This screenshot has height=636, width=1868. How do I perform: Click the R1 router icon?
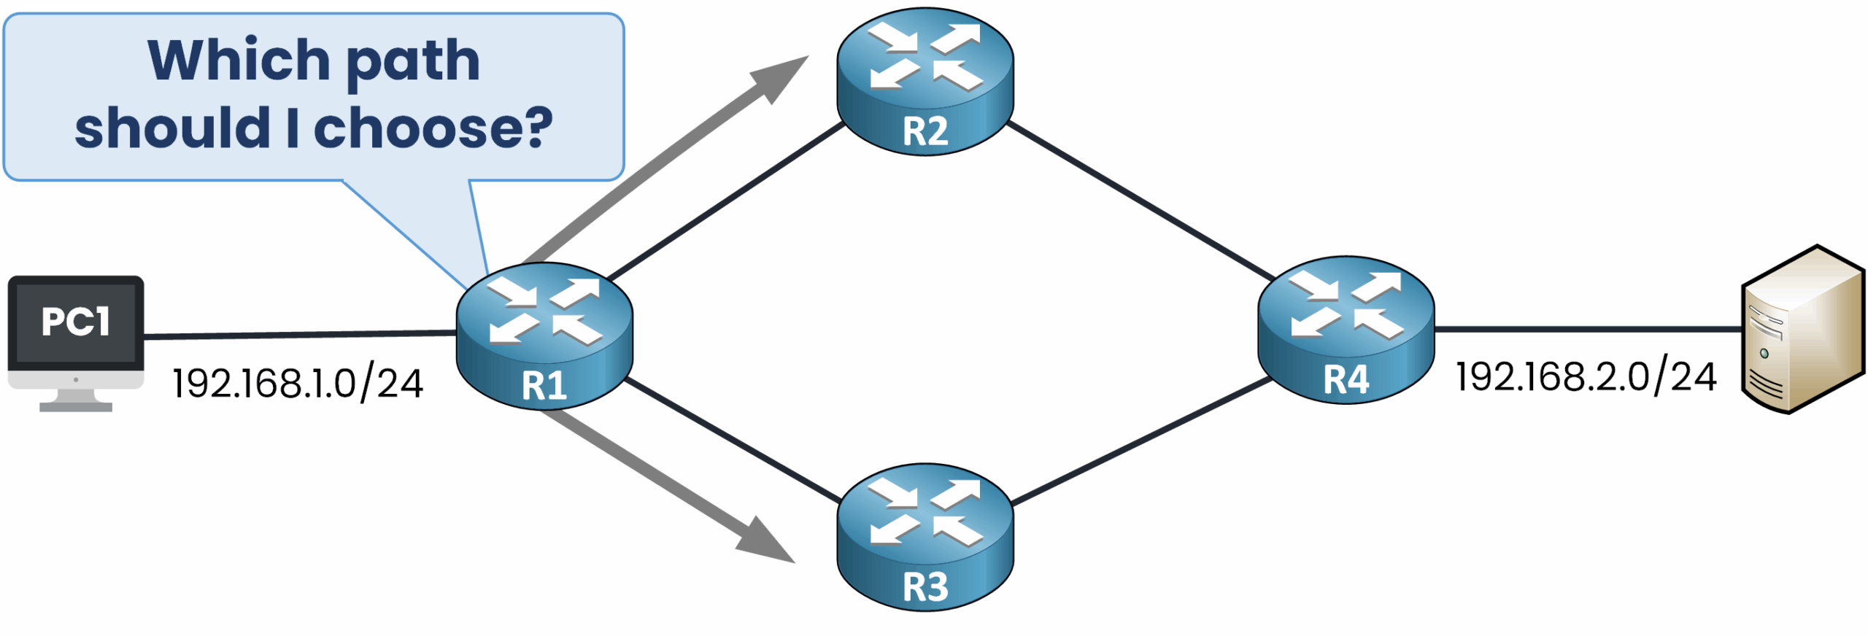(544, 336)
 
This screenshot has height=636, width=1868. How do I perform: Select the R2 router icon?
(925, 80)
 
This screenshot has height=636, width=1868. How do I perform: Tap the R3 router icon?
(925, 537)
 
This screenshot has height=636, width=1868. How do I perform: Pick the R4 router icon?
(1346, 329)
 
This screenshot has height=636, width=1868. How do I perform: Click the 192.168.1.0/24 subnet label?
(297, 383)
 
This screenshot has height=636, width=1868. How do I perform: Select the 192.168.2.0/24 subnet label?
(1585, 377)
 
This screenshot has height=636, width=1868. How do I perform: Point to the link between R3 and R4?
(1142, 441)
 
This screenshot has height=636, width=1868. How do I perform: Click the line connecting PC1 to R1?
(299, 335)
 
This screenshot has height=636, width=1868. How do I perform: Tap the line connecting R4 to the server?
(1587, 329)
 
